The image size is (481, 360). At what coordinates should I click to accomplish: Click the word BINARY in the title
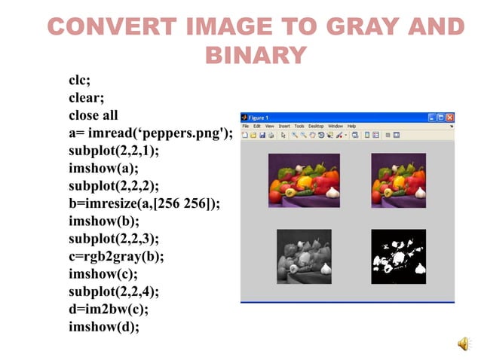(x=256, y=55)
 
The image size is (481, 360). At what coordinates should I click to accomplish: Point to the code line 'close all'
(x=93, y=115)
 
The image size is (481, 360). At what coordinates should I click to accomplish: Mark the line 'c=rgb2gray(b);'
(x=116, y=255)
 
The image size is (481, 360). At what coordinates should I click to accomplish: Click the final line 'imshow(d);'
(x=104, y=326)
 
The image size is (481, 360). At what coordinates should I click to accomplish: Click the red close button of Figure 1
(x=450, y=117)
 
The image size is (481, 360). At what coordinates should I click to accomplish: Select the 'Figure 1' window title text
(x=260, y=117)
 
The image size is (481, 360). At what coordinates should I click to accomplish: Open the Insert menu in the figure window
(x=284, y=126)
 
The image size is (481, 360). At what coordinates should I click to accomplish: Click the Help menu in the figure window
(x=351, y=126)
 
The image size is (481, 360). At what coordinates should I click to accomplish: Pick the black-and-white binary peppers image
(x=398, y=256)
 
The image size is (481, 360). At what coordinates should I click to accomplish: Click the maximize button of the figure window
(x=441, y=117)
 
